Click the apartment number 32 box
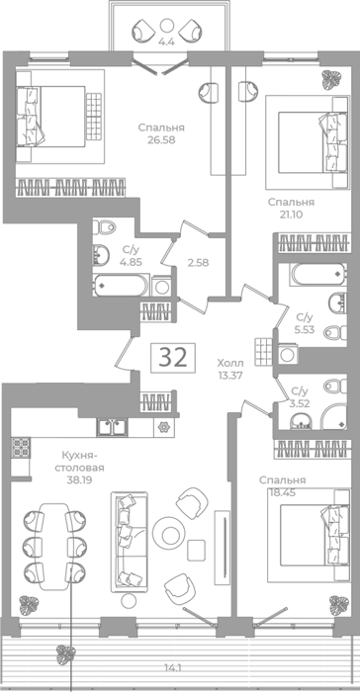point(173,357)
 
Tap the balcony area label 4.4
point(167,43)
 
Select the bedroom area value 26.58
point(161,140)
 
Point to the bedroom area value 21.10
point(291,215)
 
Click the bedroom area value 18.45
point(282,492)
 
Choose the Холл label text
point(229,363)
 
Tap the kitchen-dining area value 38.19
point(79,479)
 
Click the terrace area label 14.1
point(174,668)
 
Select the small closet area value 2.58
point(198,263)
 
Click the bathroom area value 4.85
point(132,262)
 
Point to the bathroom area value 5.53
point(305,329)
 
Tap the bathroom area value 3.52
point(300,402)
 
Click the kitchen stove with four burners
point(21,447)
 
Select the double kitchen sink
point(112,427)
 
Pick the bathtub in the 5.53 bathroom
point(318,275)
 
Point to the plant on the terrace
point(65,654)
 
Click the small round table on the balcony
point(166,24)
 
